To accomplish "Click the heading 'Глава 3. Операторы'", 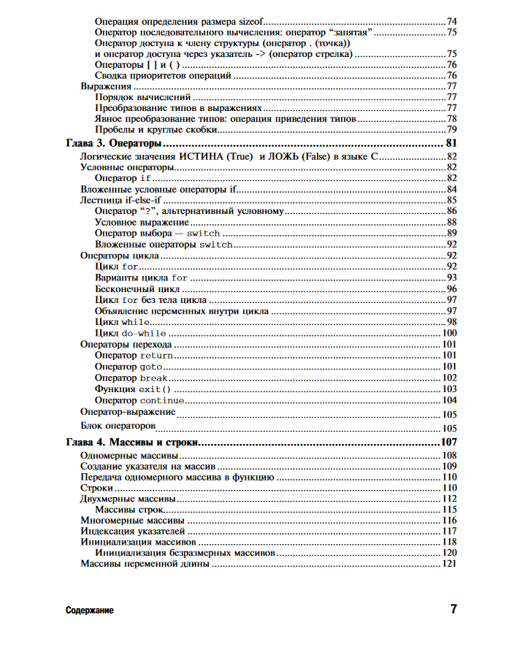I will (x=114, y=142).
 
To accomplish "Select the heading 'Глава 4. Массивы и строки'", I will (x=133, y=443).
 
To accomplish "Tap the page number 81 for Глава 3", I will (x=451, y=142).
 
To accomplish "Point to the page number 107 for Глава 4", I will (x=448, y=443).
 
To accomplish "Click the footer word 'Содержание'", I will (x=89, y=610).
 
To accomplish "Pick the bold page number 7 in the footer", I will (x=453, y=609).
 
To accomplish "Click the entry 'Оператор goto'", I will (x=129, y=367).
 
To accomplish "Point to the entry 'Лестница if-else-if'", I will (x=120, y=200).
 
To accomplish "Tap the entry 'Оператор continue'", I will (x=139, y=400).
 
